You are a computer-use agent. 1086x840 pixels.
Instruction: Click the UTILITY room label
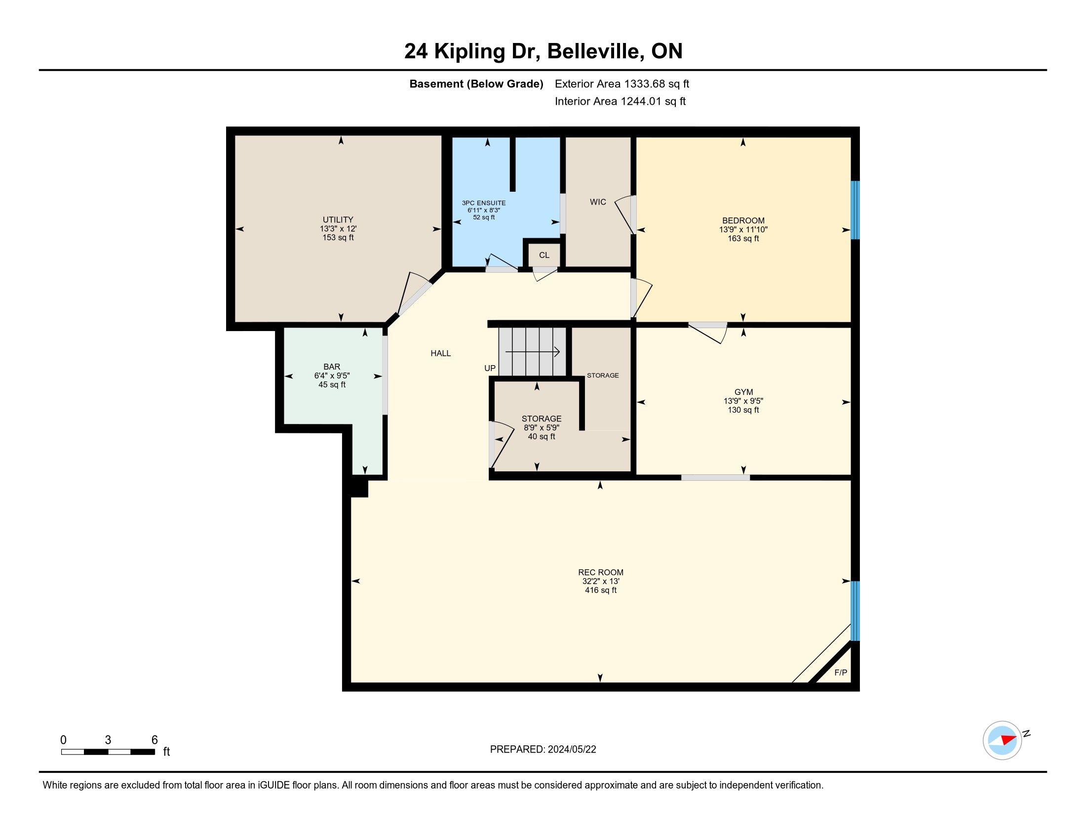point(338,219)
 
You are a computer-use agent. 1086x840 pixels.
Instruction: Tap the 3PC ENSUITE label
point(483,203)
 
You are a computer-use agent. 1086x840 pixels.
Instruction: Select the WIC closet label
point(598,202)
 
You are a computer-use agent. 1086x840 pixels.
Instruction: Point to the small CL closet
point(544,255)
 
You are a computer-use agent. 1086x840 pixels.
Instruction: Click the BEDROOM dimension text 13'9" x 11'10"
point(743,229)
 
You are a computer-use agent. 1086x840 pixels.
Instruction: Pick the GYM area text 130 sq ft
point(743,410)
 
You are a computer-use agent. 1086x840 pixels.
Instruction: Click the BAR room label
point(332,367)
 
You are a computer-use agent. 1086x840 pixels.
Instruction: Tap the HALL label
point(440,353)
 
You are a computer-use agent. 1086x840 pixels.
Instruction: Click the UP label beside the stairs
point(490,368)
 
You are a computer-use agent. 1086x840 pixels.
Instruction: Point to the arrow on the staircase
point(533,352)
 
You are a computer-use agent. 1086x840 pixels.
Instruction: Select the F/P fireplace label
point(840,672)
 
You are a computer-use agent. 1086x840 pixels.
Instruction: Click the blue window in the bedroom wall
point(855,210)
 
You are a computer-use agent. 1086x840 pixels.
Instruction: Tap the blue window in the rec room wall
point(855,611)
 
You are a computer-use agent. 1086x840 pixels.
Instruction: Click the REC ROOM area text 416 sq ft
point(601,590)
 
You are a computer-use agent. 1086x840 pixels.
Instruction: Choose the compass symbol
point(1002,740)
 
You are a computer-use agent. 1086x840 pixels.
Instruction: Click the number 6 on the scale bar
point(155,740)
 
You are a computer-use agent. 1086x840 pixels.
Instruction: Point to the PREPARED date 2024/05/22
point(572,750)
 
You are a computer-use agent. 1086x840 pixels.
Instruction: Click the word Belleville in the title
point(594,51)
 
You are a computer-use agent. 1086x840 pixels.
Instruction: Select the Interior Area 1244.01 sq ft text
point(620,101)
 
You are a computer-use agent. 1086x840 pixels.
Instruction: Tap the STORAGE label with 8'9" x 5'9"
point(542,419)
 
